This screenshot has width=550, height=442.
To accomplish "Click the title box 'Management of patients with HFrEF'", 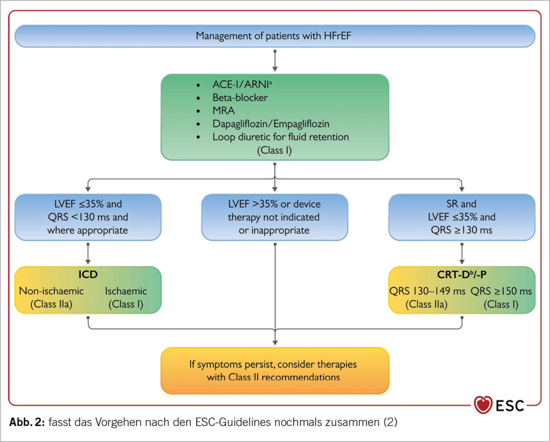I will (x=274, y=37).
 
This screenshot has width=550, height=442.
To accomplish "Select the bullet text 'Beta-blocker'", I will (x=240, y=98).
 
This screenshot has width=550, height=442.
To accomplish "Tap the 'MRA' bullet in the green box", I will (x=222, y=111).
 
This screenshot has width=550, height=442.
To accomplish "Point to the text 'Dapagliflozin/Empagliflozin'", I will (x=271, y=124).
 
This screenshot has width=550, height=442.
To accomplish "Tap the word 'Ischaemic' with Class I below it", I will (x=125, y=291).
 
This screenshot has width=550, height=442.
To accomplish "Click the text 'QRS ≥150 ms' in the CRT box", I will (x=501, y=291).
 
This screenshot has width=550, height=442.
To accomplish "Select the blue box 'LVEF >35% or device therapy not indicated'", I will (x=274, y=217).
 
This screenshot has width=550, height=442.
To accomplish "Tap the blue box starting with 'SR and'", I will (x=461, y=217).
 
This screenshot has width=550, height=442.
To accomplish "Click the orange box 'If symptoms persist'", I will (x=274, y=371).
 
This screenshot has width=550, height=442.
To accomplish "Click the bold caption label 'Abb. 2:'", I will (x=27, y=422).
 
